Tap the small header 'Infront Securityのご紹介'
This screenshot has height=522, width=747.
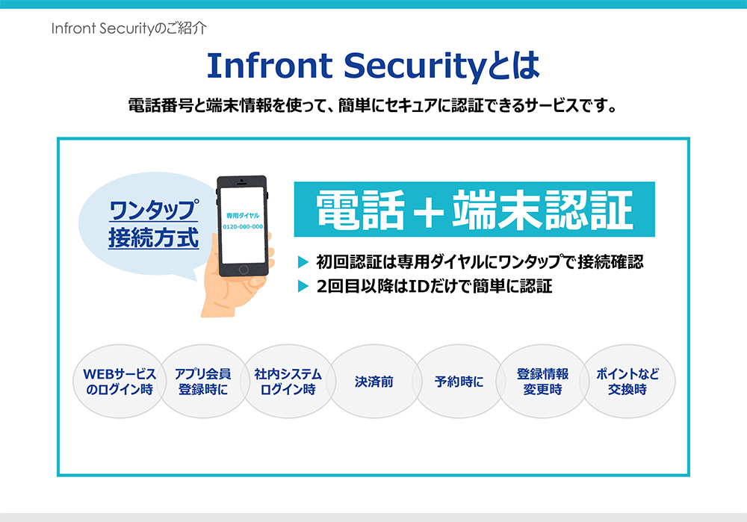coord(128,28)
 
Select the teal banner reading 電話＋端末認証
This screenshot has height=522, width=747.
coord(474,209)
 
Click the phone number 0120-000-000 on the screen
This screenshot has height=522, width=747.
coord(243,227)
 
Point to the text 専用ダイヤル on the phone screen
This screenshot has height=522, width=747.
coord(243,216)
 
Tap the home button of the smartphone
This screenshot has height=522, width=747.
coord(244,270)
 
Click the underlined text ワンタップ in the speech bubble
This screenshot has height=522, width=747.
coord(153,210)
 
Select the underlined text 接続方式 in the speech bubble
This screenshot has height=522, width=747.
coord(153,237)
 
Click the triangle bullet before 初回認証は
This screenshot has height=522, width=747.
coord(303,261)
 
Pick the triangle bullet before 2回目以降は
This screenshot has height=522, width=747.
coord(303,286)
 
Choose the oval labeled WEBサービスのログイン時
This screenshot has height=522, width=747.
coord(120,381)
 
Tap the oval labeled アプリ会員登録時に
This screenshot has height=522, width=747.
coord(203,381)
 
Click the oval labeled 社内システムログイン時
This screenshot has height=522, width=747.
coord(288,381)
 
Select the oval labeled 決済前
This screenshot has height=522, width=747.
coord(374,381)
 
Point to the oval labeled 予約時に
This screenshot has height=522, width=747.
coord(459,381)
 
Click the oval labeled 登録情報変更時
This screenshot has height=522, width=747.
coord(542,381)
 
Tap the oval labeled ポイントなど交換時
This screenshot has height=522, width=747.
coord(627,381)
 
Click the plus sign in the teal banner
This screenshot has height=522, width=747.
coord(429,211)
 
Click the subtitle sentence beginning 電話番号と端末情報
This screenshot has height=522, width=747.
coord(373,105)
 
